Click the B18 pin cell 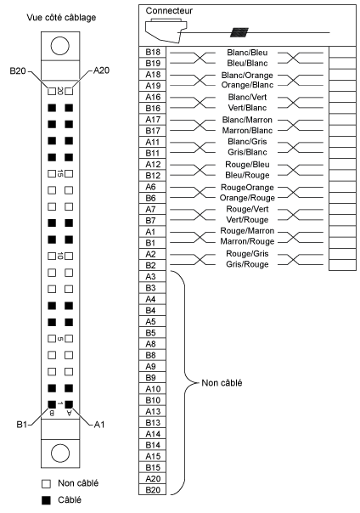[x=152, y=52]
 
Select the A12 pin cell [x=152, y=164]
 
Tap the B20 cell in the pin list [x=152, y=490]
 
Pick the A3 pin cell [x=152, y=276]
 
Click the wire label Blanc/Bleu [x=247, y=53]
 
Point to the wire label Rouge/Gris [x=247, y=254]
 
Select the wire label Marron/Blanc [x=247, y=131]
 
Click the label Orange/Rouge [x=247, y=198]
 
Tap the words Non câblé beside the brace [x=222, y=383]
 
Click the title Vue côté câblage [x=61, y=17]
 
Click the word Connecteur [x=169, y=11]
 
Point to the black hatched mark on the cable [x=239, y=32]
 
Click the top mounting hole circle [x=60, y=46]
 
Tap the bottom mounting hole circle [x=60, y=454]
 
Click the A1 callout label [x=99, y=425]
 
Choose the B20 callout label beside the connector [x=18, y=70]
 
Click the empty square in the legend [x=47, y=483]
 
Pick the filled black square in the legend [x=47, y=500]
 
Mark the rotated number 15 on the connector [x=59, y=173]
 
